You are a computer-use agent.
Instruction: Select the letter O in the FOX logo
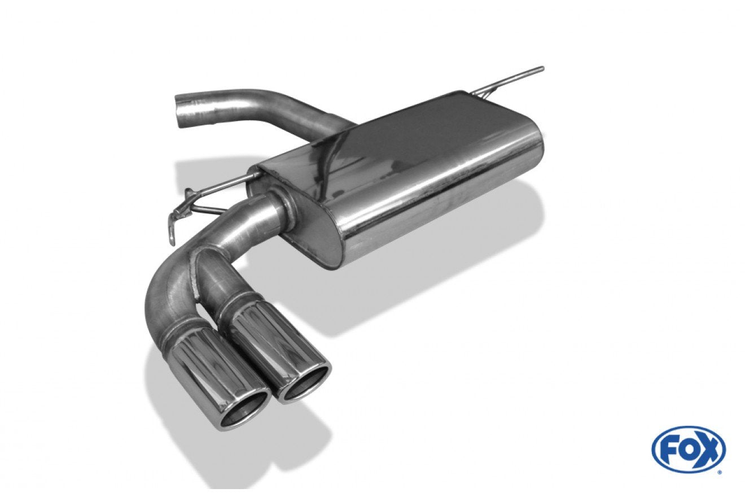tap(689, 450)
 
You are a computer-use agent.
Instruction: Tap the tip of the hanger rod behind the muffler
tap(541, 69)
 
